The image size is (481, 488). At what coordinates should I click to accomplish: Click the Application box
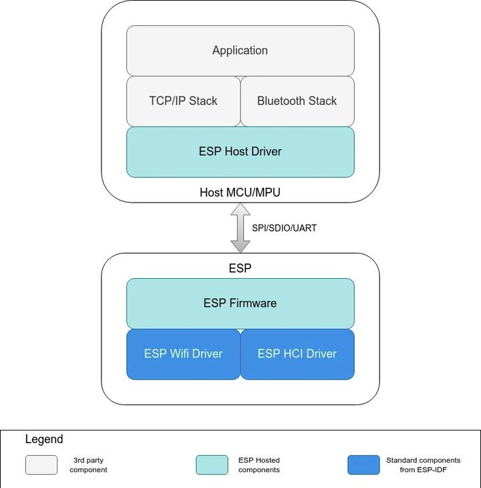click(240, 51)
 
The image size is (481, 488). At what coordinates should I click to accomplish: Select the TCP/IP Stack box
click(183, 101)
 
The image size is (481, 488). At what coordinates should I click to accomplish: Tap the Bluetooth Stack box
click(297, 101)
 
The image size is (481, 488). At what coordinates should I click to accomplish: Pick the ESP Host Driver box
click(240, 152)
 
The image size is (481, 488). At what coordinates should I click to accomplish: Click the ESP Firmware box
click(240, 303)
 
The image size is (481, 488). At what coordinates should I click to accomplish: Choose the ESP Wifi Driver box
click(183, 354)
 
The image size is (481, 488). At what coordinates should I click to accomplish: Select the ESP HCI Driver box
click(297, 354)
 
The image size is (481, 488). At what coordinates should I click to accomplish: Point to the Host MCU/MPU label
click(240, 193)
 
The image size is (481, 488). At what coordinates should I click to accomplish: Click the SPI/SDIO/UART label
click(284, 228)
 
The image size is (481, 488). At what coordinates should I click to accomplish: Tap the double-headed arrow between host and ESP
click(240, 228)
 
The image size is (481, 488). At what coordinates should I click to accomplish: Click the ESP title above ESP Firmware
click(240, 268)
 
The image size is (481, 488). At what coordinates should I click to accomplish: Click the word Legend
click(44, 439)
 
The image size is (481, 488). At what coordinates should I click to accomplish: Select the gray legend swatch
click(41, 465)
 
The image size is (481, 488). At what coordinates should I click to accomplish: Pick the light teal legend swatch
click(212, 465)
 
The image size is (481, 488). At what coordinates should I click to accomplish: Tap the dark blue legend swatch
click(363, 465)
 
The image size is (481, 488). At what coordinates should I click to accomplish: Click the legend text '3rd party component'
click(88, 465)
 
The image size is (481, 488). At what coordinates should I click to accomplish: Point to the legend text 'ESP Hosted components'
click(259, 465)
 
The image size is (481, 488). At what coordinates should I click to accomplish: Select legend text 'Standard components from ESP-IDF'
click(423, 465)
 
